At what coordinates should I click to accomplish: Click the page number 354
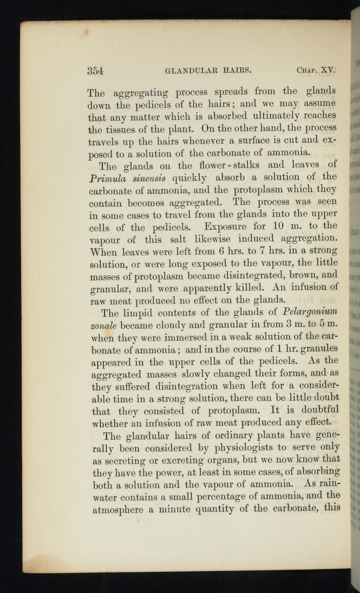tap(96, 71)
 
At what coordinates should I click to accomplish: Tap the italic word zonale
tap(103, 325)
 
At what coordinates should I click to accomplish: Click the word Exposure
tap(225, 227)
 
